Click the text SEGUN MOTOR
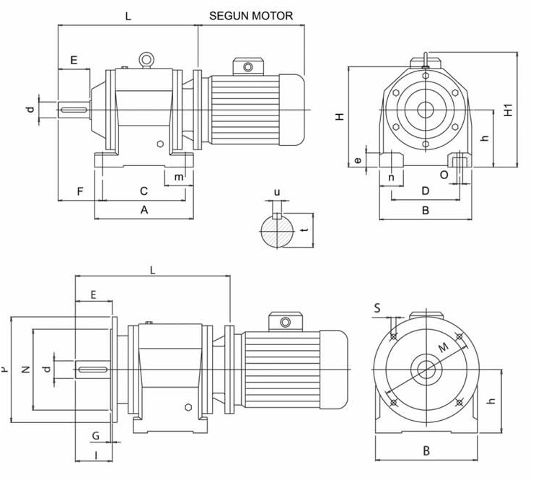250,15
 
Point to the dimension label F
79,191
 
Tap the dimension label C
144,191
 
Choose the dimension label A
144,210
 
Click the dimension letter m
177,176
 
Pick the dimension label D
425,191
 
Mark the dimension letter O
444,175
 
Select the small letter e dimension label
358,160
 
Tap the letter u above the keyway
276,193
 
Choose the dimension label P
5,370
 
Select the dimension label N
25,370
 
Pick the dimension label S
377,308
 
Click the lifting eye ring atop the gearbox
147,59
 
